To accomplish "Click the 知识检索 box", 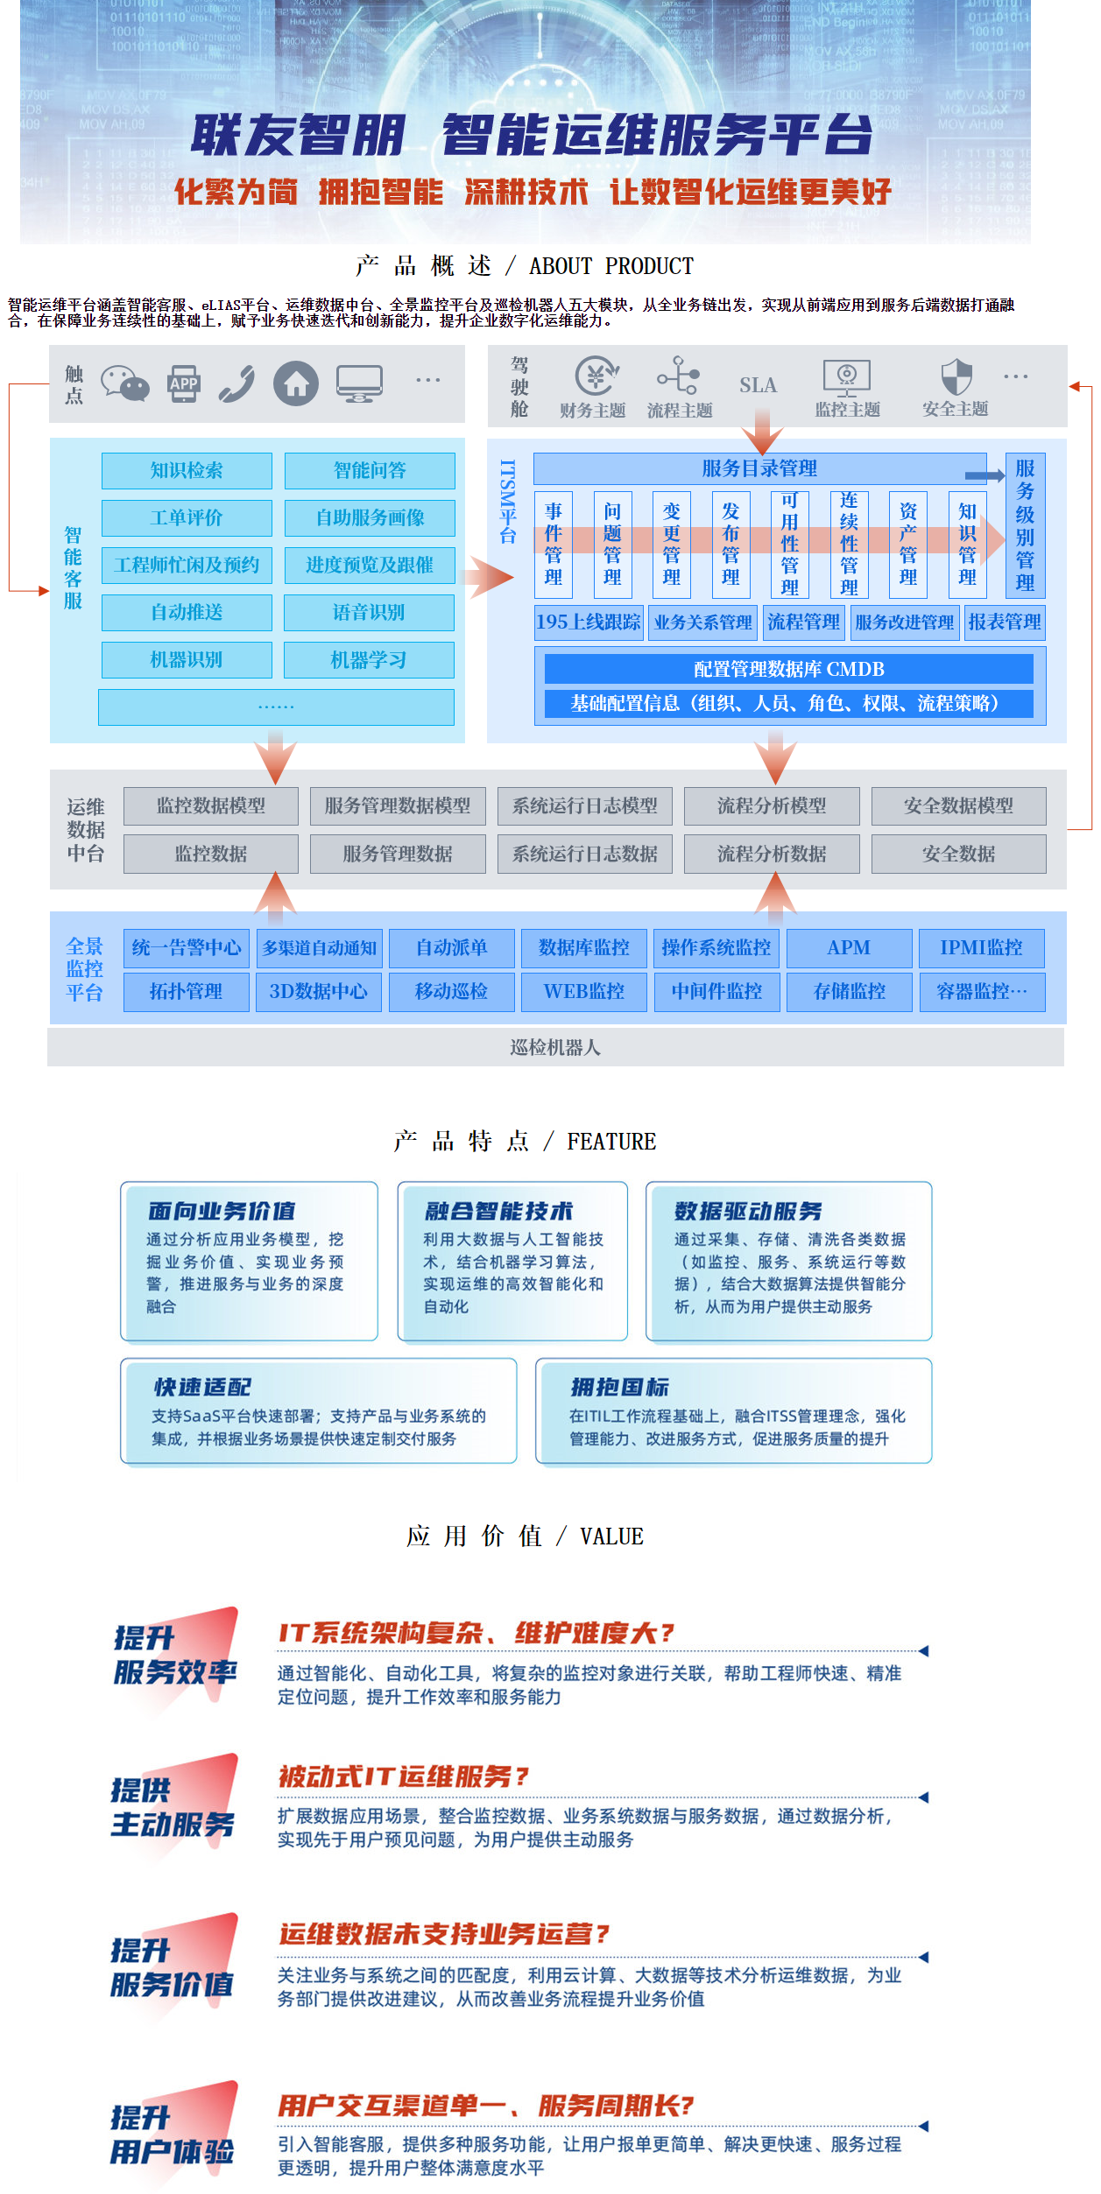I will click(x=187, y=471).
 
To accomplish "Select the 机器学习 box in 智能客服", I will click(x=369, y=660).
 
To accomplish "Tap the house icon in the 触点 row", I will click(x=296, y=383).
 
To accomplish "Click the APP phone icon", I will click(x=184, y=383).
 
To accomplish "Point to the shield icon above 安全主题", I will click(x=956, y=377).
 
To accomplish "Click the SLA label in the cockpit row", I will click(x=758, y=385).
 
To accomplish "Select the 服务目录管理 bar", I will click(x=759, y=468).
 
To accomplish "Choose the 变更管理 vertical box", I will click(x=671, y=544).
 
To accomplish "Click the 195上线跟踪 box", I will click(x=589, y=622).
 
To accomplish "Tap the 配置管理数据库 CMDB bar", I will click(x=788, y=670).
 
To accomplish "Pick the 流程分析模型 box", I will click(x=772, y=806).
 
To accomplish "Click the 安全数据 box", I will click(x=958, y=854).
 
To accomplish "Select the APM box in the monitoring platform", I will click(x=849, y=948).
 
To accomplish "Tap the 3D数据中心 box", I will click(x=319, y=992).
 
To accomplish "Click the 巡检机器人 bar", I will click(x=555, y=1047).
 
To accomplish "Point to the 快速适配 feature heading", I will click(x=202, y=1387).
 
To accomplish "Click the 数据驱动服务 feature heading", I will click(x=748, y=1211).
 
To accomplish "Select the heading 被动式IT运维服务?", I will click(x=404, y=1776).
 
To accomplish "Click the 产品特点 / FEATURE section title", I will click(x=525, y=1142).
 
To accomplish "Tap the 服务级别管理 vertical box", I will click(x=1025, y=525).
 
